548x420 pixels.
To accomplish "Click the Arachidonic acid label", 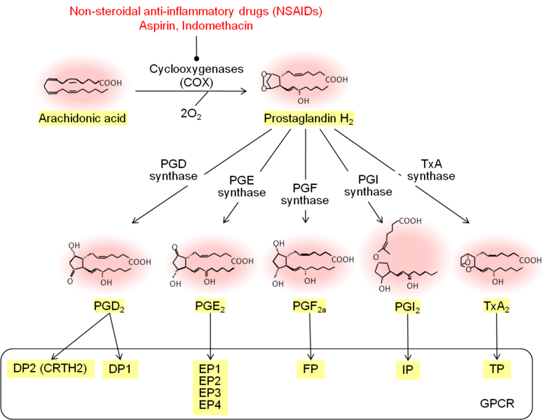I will (x=83, y=118).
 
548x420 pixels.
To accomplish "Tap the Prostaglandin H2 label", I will (x=309, y=118).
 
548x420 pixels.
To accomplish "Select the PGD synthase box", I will (x=174, y=170).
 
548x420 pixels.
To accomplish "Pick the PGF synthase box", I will (x=305, y=194).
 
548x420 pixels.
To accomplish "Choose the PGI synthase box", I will (x=368, y=185).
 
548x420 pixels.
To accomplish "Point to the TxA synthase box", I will (x=431, y=170).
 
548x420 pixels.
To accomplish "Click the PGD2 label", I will (x=109, y=306).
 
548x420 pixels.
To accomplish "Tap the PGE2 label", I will (x=210, y=306).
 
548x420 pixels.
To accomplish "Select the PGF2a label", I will (x=310, y=306).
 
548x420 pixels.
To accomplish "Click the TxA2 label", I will (x=497, y=306).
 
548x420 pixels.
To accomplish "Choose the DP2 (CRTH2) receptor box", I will (x=50, y=368).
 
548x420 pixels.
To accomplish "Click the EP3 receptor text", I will (x=210, y=392).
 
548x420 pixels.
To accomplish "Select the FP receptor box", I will (x=310, y=369).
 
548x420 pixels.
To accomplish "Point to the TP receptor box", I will (x=497, y=369).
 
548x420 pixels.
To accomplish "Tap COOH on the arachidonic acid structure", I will (x=111, y=83).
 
